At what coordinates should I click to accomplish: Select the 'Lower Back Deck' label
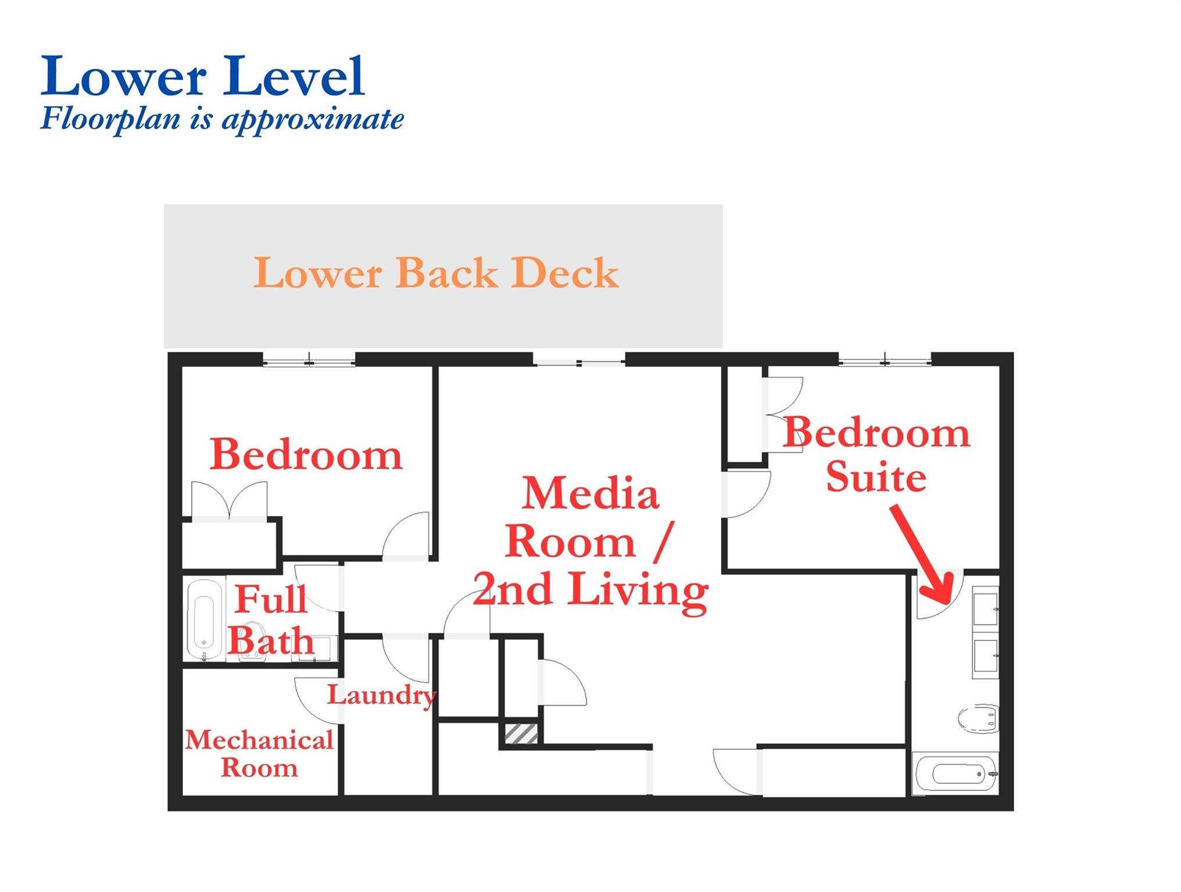pyautogui.click(x=436, y=272)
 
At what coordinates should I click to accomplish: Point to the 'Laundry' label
pyautogui.click(x=381, y=695)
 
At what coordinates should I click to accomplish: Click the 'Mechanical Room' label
pyautogui.click(x=259, y=753)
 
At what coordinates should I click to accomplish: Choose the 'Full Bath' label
pyautogui.click(x=271, y=620)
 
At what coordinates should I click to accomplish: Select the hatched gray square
pyautogui.click(x=521, y=733)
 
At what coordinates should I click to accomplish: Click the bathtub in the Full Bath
pyautogui.click(x=206, y=620)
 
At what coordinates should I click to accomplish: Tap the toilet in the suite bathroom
pyautogui.click(x=979, y=719)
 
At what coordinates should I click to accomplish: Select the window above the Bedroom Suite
pyautogui.click(x=885, y=360)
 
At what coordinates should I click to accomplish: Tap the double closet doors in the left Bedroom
pyautogui.click(x=230, y=501)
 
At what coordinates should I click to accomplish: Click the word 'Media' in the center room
pyautogui.click(x=590, y=494)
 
